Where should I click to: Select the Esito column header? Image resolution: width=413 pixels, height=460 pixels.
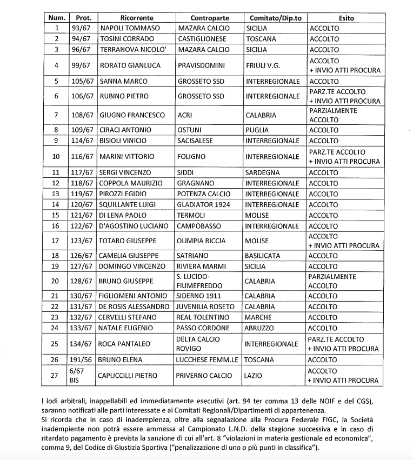pos(346,18)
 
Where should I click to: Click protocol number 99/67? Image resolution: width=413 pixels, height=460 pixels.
pos(82,65)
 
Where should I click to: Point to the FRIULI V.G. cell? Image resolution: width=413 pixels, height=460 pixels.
pos(264,65)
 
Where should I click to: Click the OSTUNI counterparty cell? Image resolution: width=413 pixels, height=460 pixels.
pos(190,130)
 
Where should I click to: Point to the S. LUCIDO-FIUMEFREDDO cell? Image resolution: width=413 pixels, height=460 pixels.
pos(200,281)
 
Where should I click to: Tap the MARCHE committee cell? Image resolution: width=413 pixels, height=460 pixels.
pos(259,317)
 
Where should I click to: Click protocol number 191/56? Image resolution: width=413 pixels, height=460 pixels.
pos(82,359)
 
